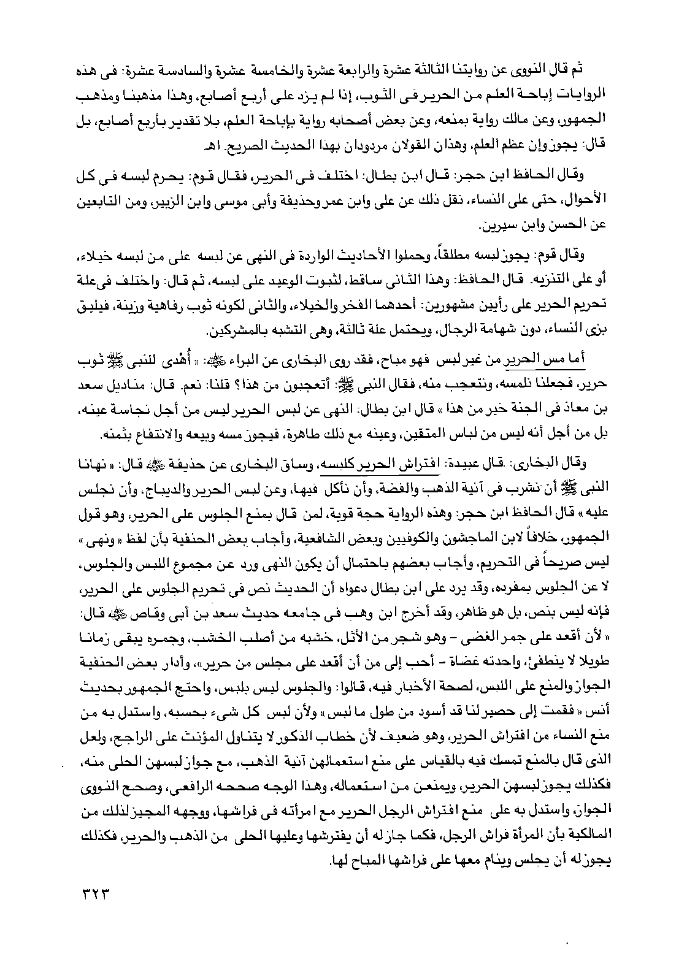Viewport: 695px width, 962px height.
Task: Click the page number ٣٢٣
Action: (x=99, y=892)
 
